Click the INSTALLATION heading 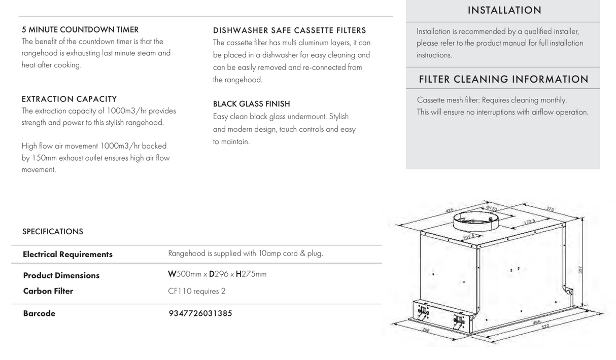(x=504, y=10)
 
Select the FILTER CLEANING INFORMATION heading (x=503, y=80)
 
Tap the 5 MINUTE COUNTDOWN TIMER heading (x=80, y=30)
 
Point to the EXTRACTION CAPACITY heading (x=69, y=99)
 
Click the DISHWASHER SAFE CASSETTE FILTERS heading (x=289, y=30)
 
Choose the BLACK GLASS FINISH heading (x=251, y=104)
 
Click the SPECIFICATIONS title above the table (x=52, y=232)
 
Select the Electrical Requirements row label (x=67, y=255)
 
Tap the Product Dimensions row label (x=61, y=276)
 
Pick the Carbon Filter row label (x=48, y=291)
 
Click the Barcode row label (x=39, y=313)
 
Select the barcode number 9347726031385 (x=200, y=313)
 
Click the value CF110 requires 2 (x=196, y=291)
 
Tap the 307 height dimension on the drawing (x=580, y=270)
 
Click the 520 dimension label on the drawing (x=545, y=327)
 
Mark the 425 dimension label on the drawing (x=449, y=211)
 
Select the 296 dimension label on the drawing (x=426, y=330)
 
